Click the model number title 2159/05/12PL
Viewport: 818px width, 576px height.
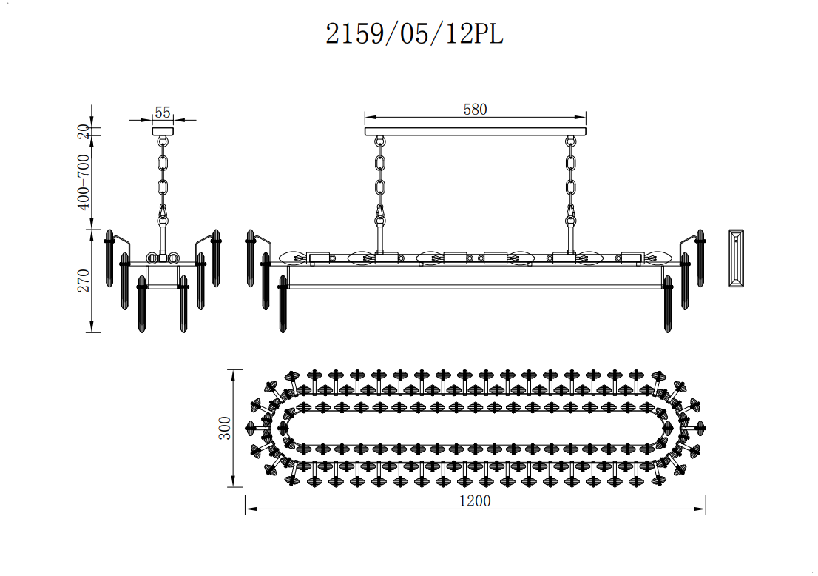click(414, 35)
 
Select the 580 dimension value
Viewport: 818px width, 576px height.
click(475, 109)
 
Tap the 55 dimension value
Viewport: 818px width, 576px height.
click(163, 113)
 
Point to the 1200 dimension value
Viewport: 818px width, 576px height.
click(475, 500)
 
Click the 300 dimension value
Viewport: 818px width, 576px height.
click(224, 428)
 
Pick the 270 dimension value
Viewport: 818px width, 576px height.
click(84, 281)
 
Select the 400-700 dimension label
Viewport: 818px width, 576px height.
click(84, 181)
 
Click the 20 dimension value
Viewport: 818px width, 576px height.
click(84, 132)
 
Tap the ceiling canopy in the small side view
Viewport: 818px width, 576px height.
click(163, 131)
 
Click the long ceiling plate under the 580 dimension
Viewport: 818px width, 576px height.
click(476, 131)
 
